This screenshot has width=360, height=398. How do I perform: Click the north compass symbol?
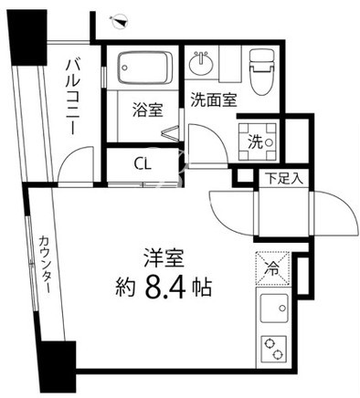pyautogui.click(x=120, y=22)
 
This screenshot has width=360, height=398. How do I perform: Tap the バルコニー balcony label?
pyautogui.click(x=74, y=98)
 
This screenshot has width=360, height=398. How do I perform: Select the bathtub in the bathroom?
pyautogui.click(x=145, y=68)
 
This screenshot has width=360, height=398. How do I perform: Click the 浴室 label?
pyautogui.click(x=147, y=110)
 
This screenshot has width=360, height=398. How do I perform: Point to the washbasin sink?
pyautogui.click(x=200, y=63)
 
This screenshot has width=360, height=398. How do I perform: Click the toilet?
pyautogui.click(x=261, y=72)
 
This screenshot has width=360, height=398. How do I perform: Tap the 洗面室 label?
pyautogui.click(x=214, y=99)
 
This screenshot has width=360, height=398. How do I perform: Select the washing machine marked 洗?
pyautogui.click(x=258, y=141)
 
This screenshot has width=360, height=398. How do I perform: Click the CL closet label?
pyautogui.click(x=143, y=164)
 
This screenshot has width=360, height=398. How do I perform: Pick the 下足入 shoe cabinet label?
pyautogui.click(x=284, y=179)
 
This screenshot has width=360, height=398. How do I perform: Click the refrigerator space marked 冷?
pyautogui.click(x=272, y=268)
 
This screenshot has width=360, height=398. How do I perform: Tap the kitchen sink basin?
pyautogui.click(x=274, y=309)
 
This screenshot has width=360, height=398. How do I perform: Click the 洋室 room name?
pyautogui.click(x=164, y=257)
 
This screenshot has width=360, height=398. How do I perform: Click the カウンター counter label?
pyautogui.click(x=44, y=266)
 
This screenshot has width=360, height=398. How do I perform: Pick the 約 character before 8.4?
pyautogui.click(x=125, y=288)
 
